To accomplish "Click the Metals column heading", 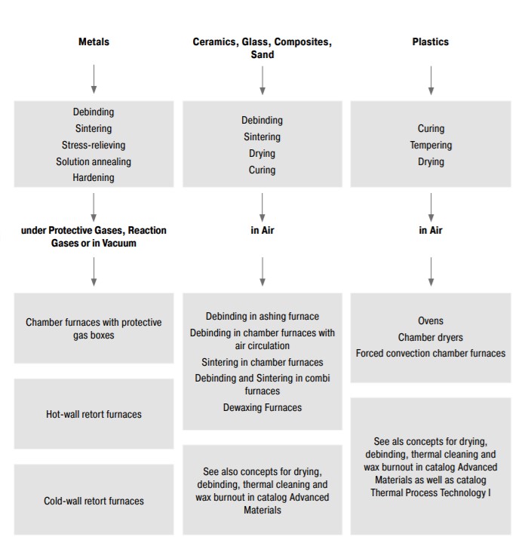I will [x=94, y=42].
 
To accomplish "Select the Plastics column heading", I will [x=430, y=42].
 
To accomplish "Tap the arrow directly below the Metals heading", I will [x=94, y=78].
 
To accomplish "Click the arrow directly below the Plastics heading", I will [x=431, y=78].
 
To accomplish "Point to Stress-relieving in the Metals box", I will [x=94, y=145].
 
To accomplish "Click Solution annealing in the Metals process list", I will [x=94, y=161].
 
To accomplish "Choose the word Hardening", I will [x=94, y=178].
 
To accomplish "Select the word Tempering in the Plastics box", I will [x=431, y=145].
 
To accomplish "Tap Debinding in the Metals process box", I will [x=94, y=112].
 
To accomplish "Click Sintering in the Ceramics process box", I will [x=262, y=136].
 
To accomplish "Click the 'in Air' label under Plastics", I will [x=431, y=230].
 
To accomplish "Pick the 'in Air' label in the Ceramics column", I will [x=262, y=230].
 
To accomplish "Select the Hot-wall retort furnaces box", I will [x=94, y=414].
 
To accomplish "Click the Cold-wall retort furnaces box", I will [x=94, y=500].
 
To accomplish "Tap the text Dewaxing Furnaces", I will [x=262, y=407].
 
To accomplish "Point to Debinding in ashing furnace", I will [x=262, y=317].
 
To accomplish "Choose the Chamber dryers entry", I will [x=431, y=337].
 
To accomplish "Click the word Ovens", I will [x=431, y=320].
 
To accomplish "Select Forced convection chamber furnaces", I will [x=431, y=353].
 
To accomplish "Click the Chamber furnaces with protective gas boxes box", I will [x=94, y=328].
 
